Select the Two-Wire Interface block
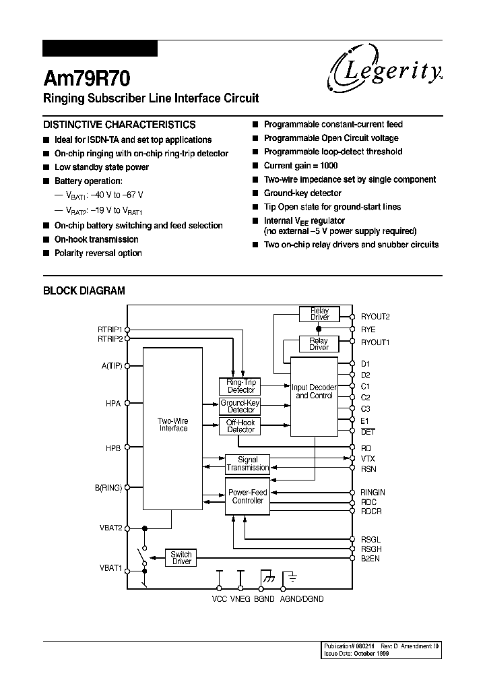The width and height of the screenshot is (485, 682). pyautogui.click(x=173, y=425)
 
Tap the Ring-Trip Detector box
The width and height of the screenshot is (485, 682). pyautogui.click(x=240, y=386)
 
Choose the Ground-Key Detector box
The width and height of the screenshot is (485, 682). pyautogui.click(x=240, y=406)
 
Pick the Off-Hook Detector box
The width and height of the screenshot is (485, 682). pyautogui.click(x=240, y=426)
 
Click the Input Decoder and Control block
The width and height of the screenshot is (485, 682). pyautogui.click(x=313, y=392)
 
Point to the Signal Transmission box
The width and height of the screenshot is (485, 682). pyautogui.click(x=247, y=464)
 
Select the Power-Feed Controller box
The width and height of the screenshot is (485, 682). pyautogui.click(x=247, y=497)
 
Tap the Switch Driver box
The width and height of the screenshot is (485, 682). pyautogui.click(x=181, y=558)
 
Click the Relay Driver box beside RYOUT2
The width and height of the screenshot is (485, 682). pyautogui.click(x=319, y=314)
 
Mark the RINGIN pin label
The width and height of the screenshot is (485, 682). pyautogui.click(x=373, y=493)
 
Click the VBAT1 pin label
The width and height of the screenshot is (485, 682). pyautogui.click(x=110, y=568)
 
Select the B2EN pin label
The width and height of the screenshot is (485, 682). pyautogui.click(x=370, y=559)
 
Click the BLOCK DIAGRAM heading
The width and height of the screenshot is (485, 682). pyautogui.click(x=84, y=291)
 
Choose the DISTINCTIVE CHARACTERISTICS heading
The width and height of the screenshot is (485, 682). pyautogui.click(x=119, y=125)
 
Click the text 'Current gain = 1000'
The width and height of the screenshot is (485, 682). pyautogui.click(x=300, y=166)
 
